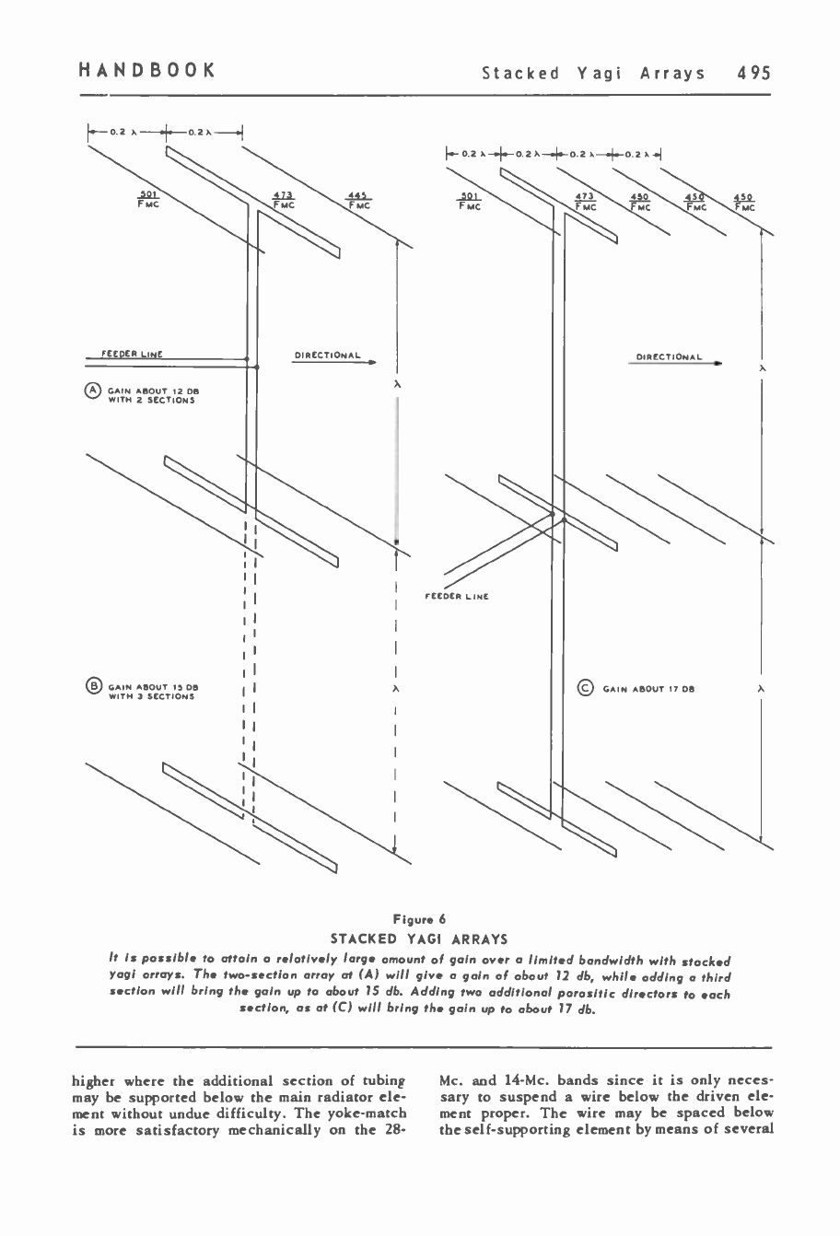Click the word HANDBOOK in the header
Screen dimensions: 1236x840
coord(146,71)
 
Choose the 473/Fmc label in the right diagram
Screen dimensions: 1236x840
coord(584,202)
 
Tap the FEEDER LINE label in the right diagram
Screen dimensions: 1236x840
coord(456,597)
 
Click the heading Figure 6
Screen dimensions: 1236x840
coord(419,918)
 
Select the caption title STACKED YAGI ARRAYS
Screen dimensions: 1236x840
coord(419,939)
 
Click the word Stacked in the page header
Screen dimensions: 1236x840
coord(521,73)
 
